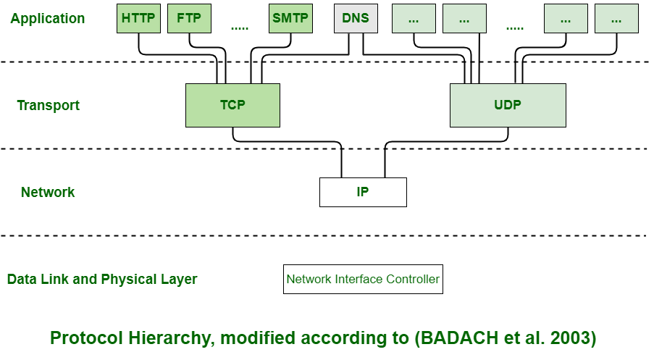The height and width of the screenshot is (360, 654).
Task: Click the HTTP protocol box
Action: pos(138,19)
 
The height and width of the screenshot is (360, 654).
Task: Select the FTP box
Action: pos(189,19)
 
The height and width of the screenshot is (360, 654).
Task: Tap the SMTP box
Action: pos(290,19)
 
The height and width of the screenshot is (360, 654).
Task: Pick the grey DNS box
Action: pos(356,19)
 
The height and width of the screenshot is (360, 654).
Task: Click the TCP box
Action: pos(232,105)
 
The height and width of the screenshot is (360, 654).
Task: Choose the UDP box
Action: pos(508,105)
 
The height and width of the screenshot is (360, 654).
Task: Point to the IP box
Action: pos(363,192)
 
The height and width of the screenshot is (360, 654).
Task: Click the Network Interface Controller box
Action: pos(363,279)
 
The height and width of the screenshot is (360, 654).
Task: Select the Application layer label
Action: pos(47,19)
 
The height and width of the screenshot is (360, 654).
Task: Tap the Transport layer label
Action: pos(48,106)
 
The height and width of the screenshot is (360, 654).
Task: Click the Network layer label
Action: pos(48,193)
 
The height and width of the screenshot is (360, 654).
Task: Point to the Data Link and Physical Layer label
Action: pos(102,280)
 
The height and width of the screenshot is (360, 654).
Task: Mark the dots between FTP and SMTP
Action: pos(240,28)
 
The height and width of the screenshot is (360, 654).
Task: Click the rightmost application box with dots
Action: pos(616,19)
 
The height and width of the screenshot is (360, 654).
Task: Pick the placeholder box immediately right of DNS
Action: pos(414,19)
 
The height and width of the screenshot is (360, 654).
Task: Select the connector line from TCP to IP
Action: pos(290,141)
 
